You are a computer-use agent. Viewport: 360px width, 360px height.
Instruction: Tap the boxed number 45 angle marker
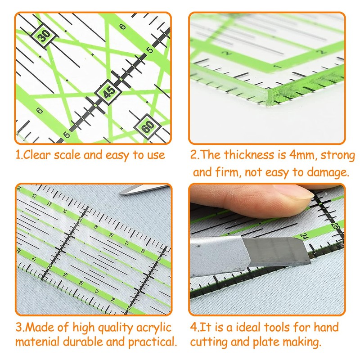(x=107, y=93)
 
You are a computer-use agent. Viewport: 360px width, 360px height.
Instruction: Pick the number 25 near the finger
(x=334, y=225)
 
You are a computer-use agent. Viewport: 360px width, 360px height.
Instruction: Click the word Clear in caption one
(x=37, y=155)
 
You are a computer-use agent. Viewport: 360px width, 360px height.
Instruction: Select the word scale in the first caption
(x=68, y=155)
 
